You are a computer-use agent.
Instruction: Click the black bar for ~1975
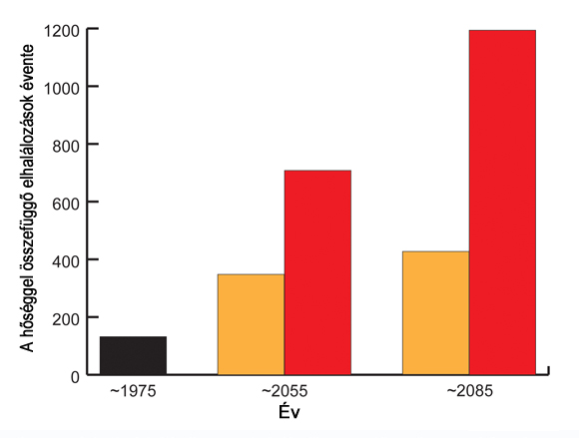(134, 355)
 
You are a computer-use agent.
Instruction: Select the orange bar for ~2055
(252, 324)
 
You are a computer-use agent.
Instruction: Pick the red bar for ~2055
(317, 272)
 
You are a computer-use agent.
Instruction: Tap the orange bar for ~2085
(435, 313)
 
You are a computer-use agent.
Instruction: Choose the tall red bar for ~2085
(502, 203)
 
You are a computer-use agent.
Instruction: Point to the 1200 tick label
(62, 31)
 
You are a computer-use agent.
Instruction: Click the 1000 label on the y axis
(62, 89)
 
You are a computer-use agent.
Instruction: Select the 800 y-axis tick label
(66, 146)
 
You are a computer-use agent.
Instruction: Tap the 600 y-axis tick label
(66, 205)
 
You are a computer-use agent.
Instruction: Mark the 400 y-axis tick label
(66, 261)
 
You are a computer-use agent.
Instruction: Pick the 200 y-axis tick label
(66, 319)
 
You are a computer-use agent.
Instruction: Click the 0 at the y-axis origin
(75, 377)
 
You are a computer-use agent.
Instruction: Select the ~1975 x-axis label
(133, 391)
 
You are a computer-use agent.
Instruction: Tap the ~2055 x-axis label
(285, 391)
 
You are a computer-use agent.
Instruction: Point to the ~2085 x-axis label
(470, 391)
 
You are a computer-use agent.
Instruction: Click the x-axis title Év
(289, 411)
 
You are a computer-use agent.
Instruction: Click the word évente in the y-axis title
(27, 68)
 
